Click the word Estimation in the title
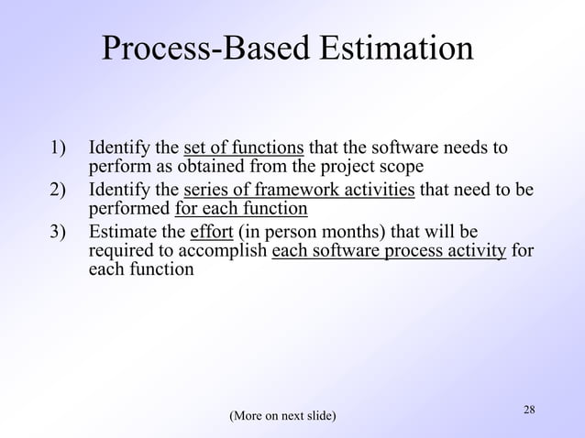click(400, 49)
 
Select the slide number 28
click(529, 408)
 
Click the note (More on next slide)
click(282, 417)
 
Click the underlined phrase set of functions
click(244, 148)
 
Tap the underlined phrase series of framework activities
click(299, 191)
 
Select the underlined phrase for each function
click(240, 210)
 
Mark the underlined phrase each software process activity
click(389, 252)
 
